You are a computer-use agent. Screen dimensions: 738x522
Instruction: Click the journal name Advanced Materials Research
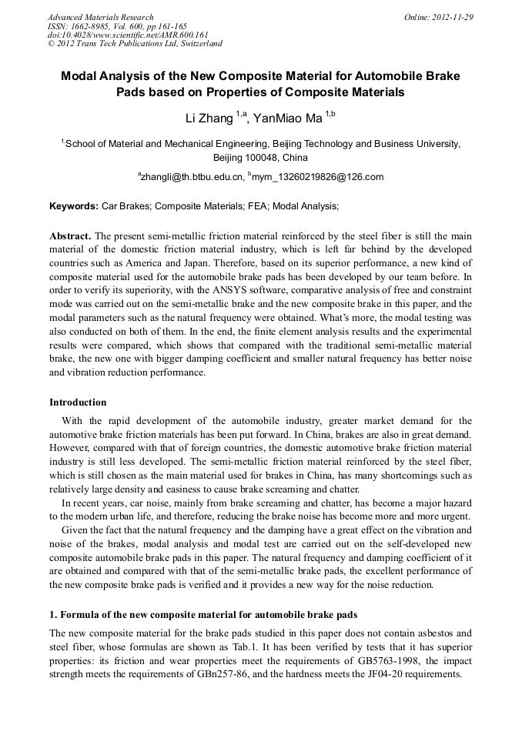101,17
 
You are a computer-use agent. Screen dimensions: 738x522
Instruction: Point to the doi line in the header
128,35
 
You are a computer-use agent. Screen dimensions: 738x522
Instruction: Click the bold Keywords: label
74,206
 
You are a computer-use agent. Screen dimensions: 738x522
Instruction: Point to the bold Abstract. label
70,235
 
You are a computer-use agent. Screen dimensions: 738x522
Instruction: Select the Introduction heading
78,402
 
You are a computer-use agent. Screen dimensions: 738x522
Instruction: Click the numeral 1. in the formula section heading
54,614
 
